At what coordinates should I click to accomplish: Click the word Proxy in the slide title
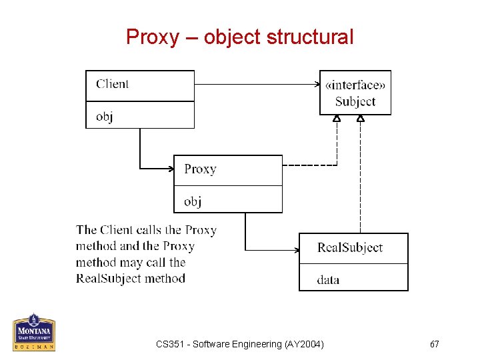tap(153, 37)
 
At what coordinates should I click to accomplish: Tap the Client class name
tap(112, 84)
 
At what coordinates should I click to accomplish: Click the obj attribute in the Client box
tap(104, 116)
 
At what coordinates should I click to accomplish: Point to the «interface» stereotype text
tap(355, 85)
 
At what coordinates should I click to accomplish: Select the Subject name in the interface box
tap(355, 101)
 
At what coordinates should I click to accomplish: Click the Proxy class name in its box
tap(200, 169)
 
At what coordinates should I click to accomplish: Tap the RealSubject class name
tap(350, 247)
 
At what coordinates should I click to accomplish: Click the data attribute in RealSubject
tap(328, 280)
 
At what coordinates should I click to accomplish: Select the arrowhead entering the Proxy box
tap(170, 168)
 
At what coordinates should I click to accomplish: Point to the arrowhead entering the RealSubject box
tap(295, 251)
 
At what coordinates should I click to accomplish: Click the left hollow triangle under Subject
tap(337, 119)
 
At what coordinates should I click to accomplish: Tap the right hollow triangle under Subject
tap(361, 119)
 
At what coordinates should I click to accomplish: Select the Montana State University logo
tap(33, 331)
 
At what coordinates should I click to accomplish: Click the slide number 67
tap(434, 344)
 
